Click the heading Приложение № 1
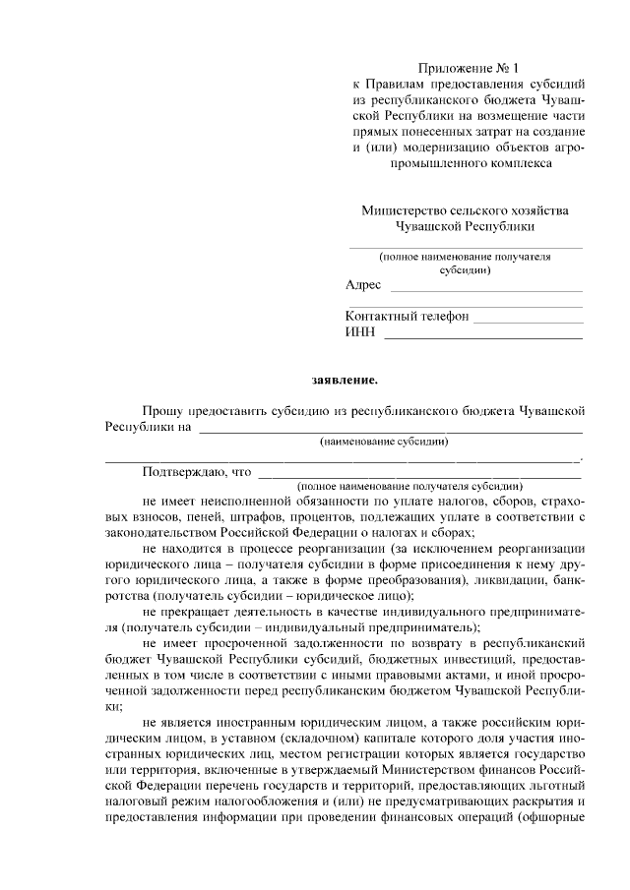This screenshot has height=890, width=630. coord(467,68)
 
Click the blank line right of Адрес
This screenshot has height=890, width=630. coord(486,290)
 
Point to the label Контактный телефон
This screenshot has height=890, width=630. coord(408,317)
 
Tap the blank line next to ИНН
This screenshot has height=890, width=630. coord(481,337)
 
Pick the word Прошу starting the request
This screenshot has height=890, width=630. coord(163,410)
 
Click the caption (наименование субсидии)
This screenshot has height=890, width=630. coord(390,443)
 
